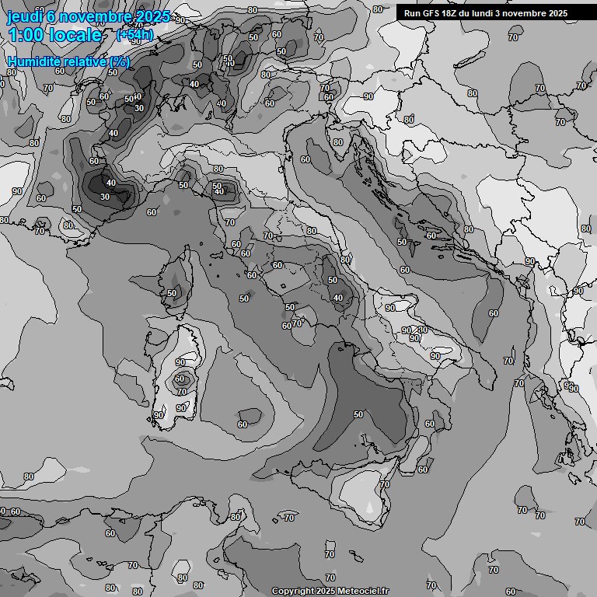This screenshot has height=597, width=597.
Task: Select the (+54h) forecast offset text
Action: tap(134, 35)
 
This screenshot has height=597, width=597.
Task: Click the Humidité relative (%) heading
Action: tap(68, 61)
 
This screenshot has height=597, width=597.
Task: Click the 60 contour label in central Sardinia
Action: tap(180, 379)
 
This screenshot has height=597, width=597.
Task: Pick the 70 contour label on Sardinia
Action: tap(181, 392)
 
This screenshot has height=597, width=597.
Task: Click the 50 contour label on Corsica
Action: tap(172, 293)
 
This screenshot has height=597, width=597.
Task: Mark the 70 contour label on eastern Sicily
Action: tap(384, 484)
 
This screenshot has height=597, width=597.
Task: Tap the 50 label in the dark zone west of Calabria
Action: tap(358, 414)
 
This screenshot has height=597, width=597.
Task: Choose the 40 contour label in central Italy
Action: tap(338, 298)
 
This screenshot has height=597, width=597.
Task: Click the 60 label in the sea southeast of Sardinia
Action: tap(243, 424)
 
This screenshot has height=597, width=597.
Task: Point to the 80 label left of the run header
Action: tap(378, 9)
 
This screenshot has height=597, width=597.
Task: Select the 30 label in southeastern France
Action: tap(105, 197)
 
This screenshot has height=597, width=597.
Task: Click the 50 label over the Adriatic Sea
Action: tap(402, 242)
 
